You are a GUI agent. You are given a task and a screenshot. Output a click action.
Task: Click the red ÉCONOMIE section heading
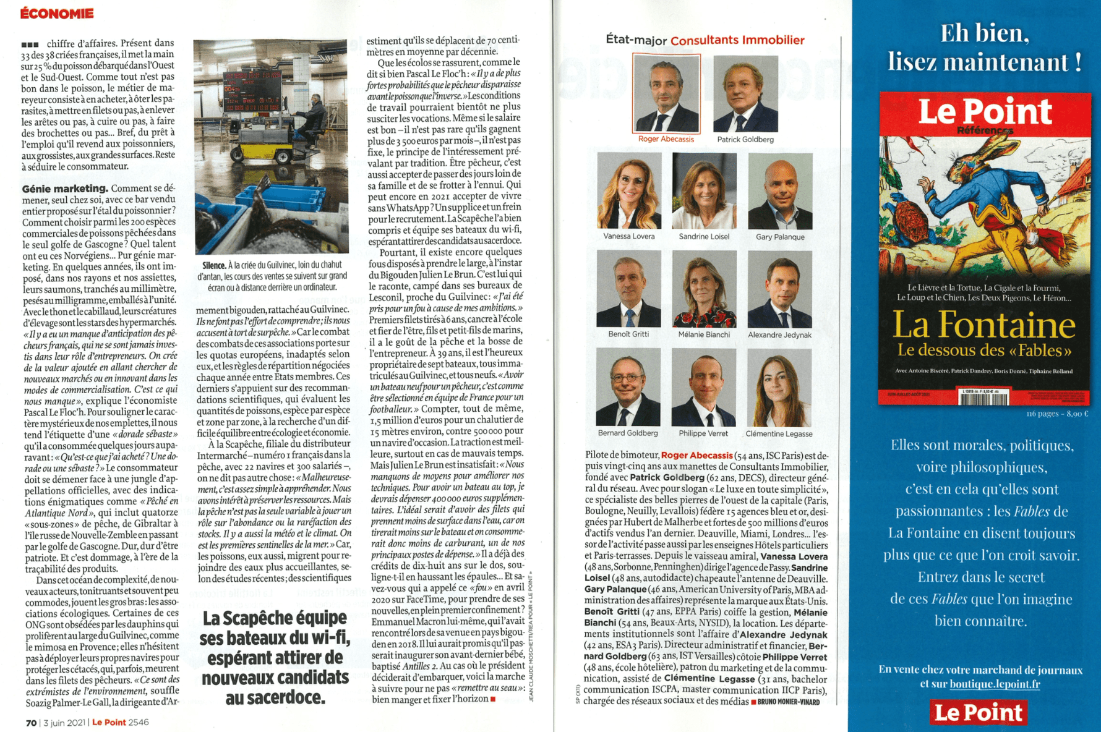click(57, 13)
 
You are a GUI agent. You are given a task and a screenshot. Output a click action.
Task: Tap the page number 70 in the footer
click(31, 722)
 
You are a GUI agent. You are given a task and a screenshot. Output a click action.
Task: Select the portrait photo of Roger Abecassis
click(666, 93)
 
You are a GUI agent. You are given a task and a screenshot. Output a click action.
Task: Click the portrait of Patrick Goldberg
click(745, 93)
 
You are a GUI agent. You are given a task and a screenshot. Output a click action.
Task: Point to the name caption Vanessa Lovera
click(629, 236)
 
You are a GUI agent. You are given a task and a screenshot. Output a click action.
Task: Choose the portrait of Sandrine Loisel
click(704, 191)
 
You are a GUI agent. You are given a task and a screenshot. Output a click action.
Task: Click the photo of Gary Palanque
click(780, 191)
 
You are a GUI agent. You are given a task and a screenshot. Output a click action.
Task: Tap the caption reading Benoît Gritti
click(628, 334)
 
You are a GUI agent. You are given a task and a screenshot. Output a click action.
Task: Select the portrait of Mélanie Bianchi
click(704, 289)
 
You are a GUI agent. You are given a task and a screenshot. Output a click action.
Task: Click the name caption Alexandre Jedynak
click(779, 335)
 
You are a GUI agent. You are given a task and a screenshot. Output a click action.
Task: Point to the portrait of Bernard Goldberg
click(628, 387)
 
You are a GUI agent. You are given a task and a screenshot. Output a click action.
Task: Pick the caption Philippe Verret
click(703, 433)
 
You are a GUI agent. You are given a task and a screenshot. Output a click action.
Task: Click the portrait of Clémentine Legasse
click(779, 387)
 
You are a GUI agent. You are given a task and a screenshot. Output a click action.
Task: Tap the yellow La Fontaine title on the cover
click(985, 325)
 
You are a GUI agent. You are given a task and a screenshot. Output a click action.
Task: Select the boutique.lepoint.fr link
click(995, 684)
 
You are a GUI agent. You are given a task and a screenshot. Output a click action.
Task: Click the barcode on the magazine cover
click(983, 398)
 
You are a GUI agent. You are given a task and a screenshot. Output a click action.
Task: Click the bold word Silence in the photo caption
click(213, 265)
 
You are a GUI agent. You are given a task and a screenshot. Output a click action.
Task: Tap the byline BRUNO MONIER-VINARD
click(788, 702)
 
